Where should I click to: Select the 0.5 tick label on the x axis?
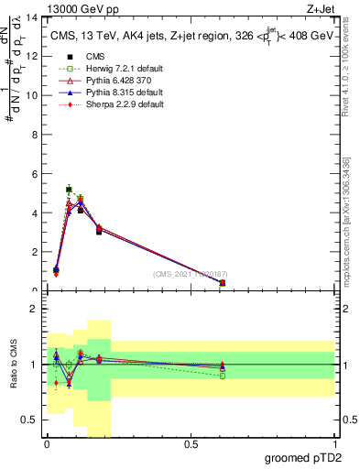point(191,444)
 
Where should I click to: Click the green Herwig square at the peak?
point(69,190)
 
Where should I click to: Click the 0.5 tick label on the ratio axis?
point(31,420)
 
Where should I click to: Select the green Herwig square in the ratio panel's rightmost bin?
point(223,376)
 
